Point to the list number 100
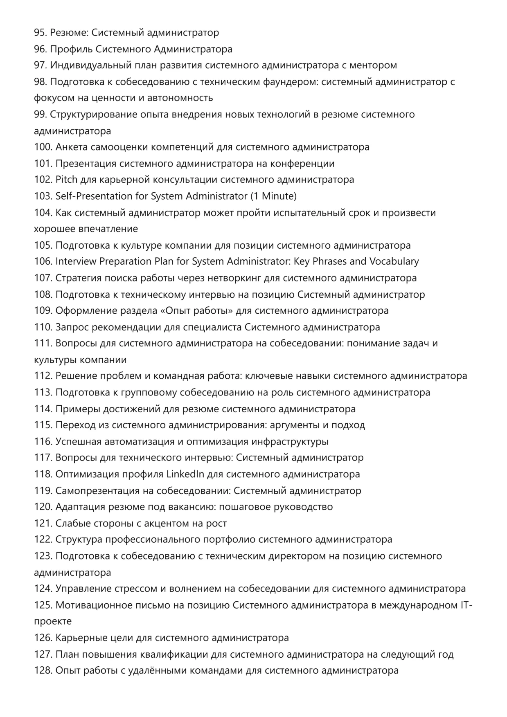[x=43, y=147]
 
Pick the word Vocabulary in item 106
[x=394, y=261]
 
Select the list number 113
[x=43, y=393]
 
